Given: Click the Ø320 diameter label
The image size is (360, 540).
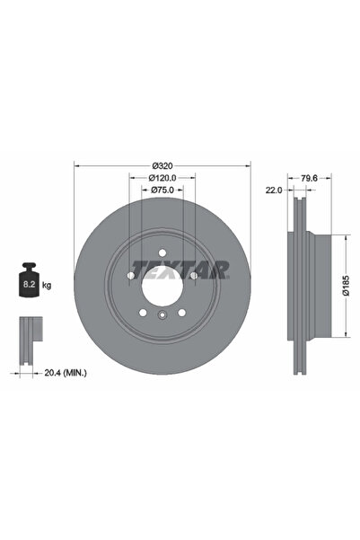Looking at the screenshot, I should [x=162, y=165].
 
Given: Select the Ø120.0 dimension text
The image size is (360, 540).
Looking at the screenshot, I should [x=162, y=178].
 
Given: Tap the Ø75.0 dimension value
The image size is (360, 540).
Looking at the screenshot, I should [x=162, y=190].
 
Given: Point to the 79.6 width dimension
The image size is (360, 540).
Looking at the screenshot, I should [x=311, y=178].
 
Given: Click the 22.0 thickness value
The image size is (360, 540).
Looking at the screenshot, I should [x=273, y=190].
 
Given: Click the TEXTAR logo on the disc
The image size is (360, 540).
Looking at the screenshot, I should [x=180, y=269].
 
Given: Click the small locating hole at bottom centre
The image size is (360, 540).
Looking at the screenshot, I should [x=162, y=315].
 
